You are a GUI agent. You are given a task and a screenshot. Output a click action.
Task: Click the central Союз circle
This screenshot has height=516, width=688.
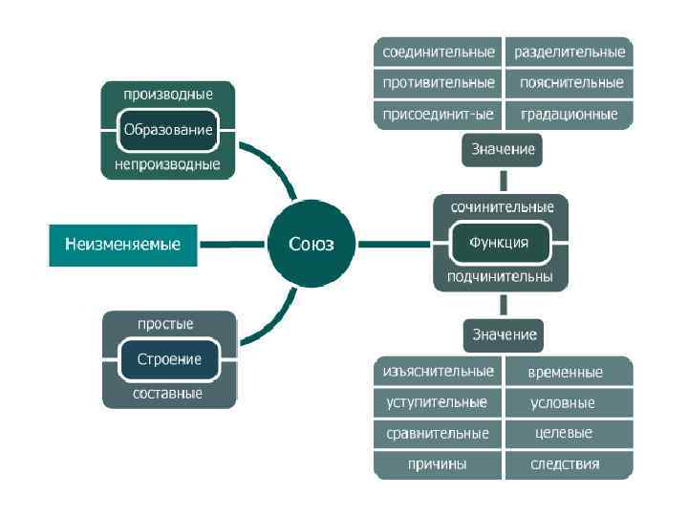312,244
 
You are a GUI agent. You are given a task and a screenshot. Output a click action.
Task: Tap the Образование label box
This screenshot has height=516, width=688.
168,129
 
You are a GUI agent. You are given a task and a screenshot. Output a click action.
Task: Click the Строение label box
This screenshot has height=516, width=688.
169,359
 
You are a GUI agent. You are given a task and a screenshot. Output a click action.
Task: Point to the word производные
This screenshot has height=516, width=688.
168,94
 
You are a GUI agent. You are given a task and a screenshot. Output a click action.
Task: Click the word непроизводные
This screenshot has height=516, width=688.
168,164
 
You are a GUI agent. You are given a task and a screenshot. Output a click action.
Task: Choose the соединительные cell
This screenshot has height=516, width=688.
439,51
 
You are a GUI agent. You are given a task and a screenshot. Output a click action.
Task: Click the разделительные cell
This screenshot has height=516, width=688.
569,51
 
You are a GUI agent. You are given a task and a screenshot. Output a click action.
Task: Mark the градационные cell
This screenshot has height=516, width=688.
569,115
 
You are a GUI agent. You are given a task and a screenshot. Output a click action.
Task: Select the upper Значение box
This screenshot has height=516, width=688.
504,149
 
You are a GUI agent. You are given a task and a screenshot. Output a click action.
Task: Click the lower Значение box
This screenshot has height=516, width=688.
504,334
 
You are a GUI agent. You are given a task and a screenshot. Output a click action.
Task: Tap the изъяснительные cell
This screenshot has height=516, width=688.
438,371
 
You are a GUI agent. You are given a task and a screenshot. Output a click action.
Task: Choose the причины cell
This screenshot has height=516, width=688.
438,464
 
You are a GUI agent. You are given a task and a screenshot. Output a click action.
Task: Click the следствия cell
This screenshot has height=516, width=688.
565,464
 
